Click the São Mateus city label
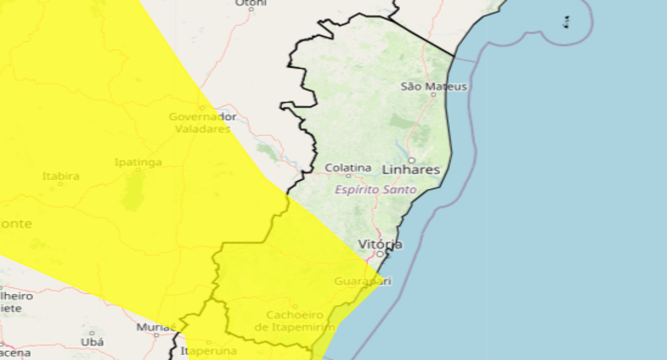click(434, 86)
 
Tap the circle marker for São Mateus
click(433, 95)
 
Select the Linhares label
click(411, 170)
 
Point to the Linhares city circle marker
click(412, 160)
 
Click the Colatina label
click(348, 167)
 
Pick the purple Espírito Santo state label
click(376, 189)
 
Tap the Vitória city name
click(380, 244)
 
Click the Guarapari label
click(363, 281)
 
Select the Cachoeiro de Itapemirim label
click(295, 321)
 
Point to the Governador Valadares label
click(203, 123)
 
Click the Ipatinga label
click(138, 162)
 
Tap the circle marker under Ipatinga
click(138, 170)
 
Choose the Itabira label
click(61, 175)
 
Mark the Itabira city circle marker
click(60, 184)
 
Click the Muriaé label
click(156, 327)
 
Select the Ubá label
click(92, 342)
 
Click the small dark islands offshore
click(566, 22)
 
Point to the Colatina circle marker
click(348, 175)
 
